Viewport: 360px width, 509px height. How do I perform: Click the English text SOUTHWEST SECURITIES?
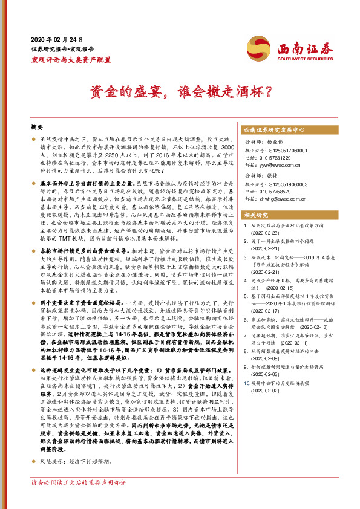coord(301,60)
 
